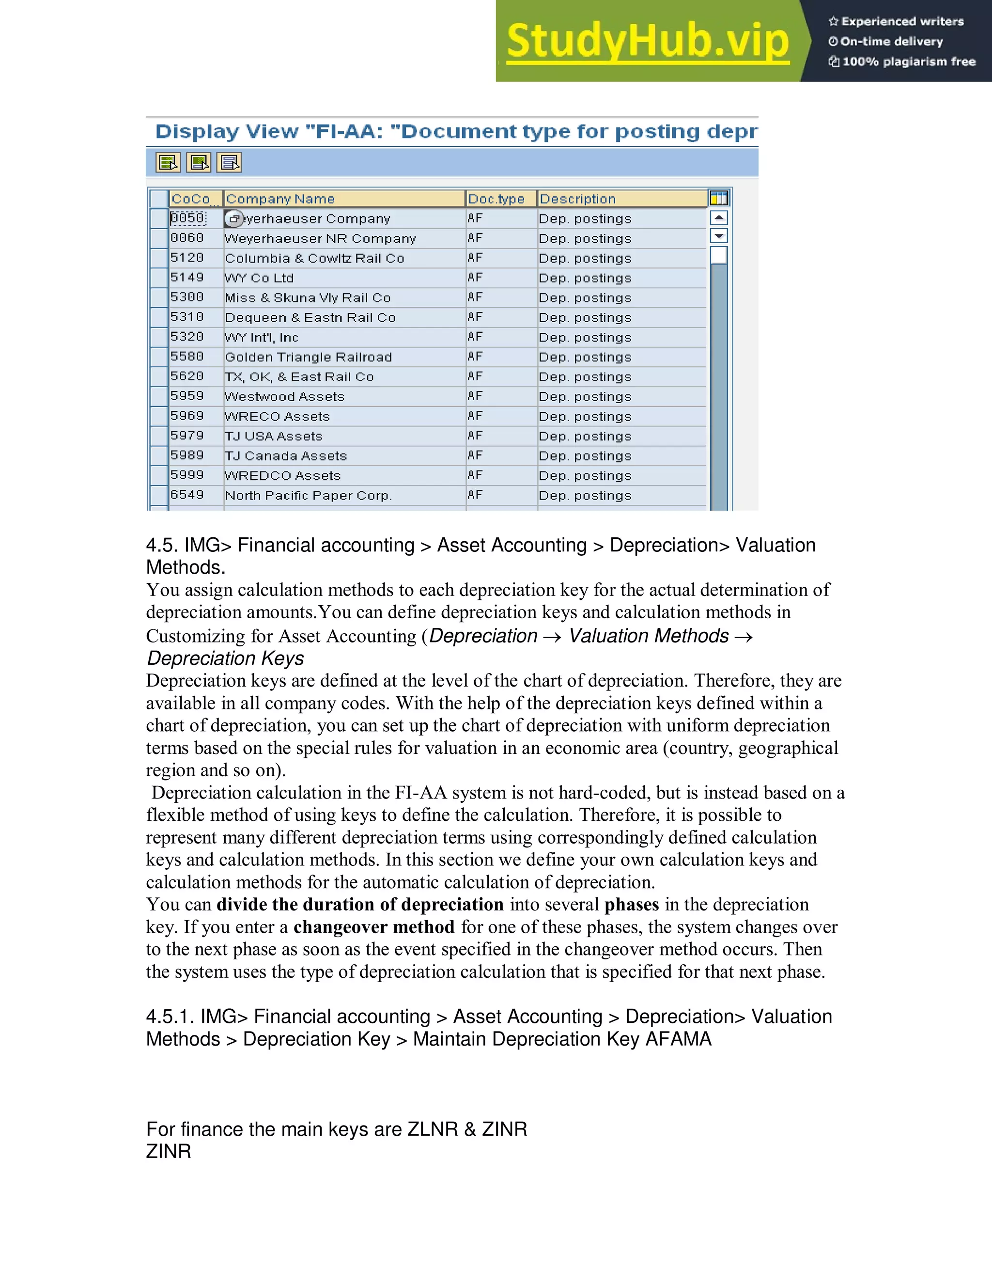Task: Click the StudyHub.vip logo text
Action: (x=647, y=41)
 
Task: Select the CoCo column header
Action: (x=191, y=199)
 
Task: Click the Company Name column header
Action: (x=280, y=199)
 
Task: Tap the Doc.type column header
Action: (x=496, y=199)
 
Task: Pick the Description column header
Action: (x=578, y=199)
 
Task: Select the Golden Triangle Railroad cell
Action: (x=309, y=357)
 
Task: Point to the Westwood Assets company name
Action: (x=284, y=397)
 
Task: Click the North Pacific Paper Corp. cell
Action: (x=309, y=496)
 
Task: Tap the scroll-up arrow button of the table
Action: (x=719, y=218)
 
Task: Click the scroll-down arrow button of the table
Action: (x=719, y=236)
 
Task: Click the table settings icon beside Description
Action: (x=719, y=198)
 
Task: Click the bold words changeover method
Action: (x=374, y=927)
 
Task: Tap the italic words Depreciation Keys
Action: (x=226, y=658)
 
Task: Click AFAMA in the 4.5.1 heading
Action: (x=678, y=1039)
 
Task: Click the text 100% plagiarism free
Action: (x=909, y=62)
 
